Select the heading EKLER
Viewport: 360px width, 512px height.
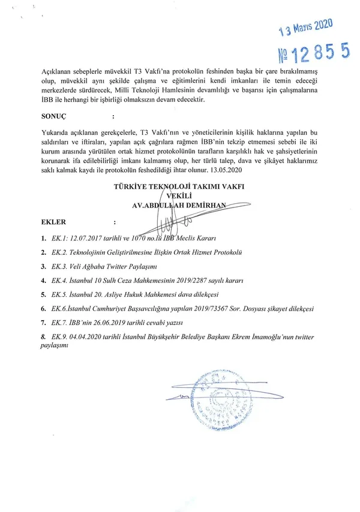(53, 222)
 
